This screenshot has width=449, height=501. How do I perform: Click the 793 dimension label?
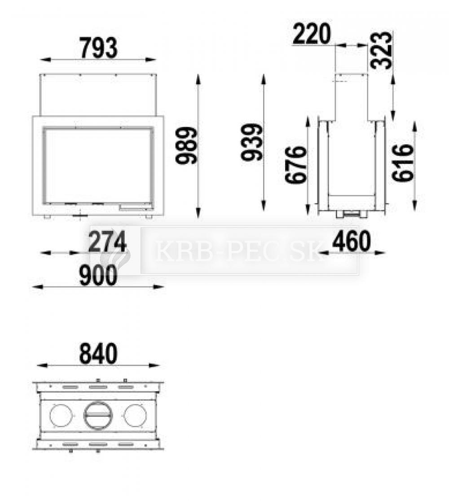(98, 48)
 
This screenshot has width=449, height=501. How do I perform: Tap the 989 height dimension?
(187, 145)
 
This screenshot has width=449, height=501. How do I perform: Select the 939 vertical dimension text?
(252, 142)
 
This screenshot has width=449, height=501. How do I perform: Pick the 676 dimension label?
(295, 165)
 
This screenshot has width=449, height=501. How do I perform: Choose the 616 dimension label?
(403, 163)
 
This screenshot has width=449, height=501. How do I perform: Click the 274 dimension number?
(107, 242)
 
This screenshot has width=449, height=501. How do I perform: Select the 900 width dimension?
(98, 276)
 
